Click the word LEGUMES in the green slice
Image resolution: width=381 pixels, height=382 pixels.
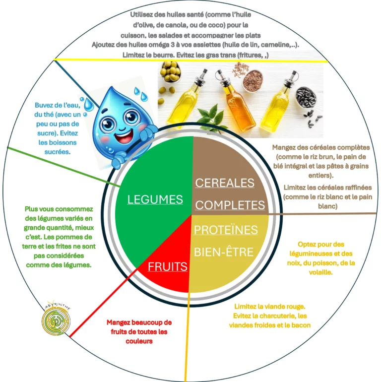pos(155,199)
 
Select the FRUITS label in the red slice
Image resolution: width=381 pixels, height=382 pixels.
pos(168,266)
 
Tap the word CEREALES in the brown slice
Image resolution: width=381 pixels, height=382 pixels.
pos(225,183)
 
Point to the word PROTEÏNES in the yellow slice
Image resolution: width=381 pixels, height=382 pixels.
pos(226,230)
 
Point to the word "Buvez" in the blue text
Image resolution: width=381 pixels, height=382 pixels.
pos(44,105)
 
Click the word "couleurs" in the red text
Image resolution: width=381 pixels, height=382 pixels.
pos(138,341)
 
